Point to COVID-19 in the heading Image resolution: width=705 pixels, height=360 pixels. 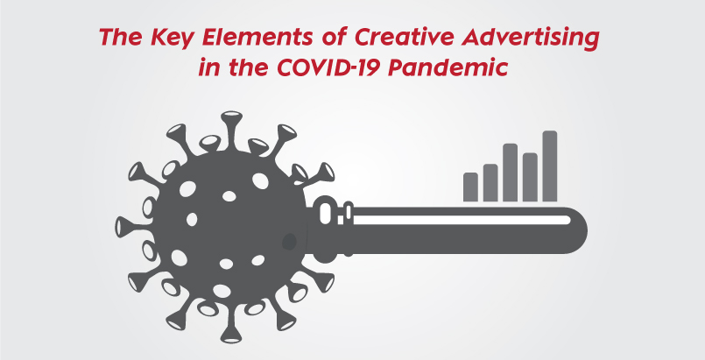point(329,67)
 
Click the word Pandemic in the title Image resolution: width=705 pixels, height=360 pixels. point(448,67)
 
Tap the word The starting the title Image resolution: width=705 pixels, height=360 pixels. point(119,38)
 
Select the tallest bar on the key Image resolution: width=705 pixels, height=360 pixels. point(550,166)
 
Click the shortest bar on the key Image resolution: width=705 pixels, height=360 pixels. point(470,187)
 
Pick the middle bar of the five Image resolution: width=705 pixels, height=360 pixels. point(510,173)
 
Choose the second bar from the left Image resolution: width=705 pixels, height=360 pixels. point(490,182)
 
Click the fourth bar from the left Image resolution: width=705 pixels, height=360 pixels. point(530,177)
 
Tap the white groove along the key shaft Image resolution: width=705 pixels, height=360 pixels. point(462,220)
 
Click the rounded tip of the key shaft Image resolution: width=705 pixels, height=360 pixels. point(579,230)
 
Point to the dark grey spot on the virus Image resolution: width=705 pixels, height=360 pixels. point(289,242)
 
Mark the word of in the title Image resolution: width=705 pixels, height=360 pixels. point(335,38)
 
